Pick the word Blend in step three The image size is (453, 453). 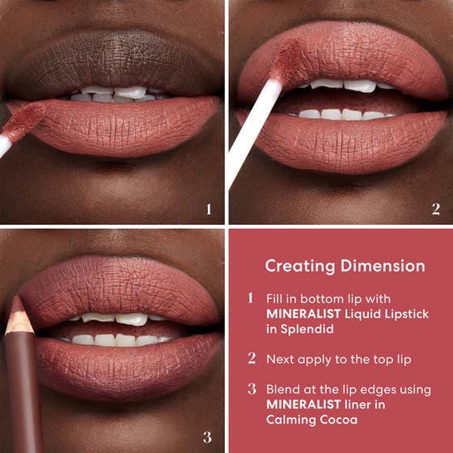pyautogui.click(x=282, y=389)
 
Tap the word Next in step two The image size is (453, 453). pyautogui.click(x=281, y=358)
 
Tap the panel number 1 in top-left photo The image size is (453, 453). pyautogui.click(x=208, y=210)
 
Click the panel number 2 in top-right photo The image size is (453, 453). pyautogui.click(x=435, y=210)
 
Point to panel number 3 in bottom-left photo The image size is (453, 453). pyautogui.click(x=208, y=438)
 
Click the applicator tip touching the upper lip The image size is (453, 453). pyautogui.click(x=286, y=60)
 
